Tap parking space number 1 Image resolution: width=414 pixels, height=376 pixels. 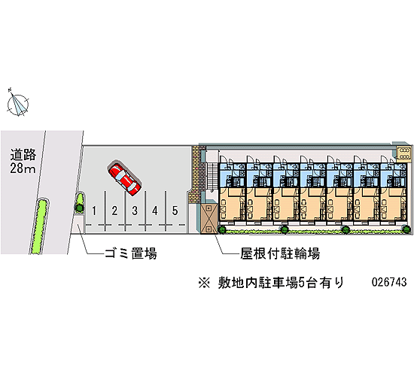(x=94, y=211)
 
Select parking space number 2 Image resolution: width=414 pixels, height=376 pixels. (x=114, y=211)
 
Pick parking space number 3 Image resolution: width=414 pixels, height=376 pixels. (x=135, y=211)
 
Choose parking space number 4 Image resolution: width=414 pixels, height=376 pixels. (x=155, y=211)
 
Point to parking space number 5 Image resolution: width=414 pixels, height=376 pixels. (x=175, y=211)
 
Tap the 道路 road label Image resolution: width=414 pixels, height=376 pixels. (x=23, y=155)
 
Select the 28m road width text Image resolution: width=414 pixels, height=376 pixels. (x=23, y=168)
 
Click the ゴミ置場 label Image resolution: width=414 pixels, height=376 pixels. (x=130, y=253)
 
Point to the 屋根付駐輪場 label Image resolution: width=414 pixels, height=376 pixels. (x=280, y=253)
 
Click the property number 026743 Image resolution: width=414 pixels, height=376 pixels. (x=389, y=282)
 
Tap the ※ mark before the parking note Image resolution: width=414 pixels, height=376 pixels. (x=204, y=283)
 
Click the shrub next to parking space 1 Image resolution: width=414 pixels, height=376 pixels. (x=80, y=202)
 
